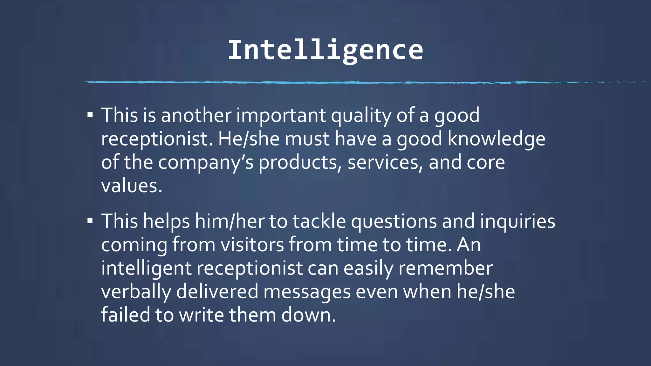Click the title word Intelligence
coord(325,50)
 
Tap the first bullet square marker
coord(90,115)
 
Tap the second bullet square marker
coord(90,221)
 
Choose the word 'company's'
coord(206,163)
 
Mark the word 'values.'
coord(132,186)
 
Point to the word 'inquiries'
coord(517,222)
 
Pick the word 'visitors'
coord(252,245)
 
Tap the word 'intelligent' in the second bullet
coord(146,268)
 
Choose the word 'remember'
coord(445,268)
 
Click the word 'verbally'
coord(136,292)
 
